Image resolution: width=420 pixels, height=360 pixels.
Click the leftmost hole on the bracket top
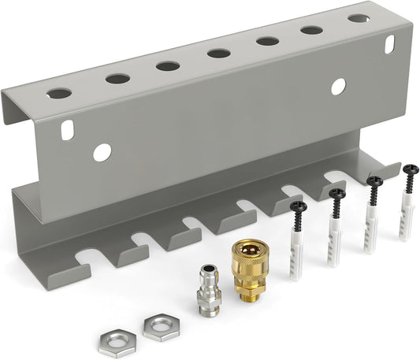58,93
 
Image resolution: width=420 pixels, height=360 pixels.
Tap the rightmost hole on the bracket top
359,17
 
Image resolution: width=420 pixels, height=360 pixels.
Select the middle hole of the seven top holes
218,54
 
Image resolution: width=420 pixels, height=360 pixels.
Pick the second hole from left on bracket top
117,78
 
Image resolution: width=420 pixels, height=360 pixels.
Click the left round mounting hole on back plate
102,152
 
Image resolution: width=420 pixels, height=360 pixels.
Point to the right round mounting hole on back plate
338,87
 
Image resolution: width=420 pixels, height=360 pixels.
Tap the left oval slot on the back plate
68,130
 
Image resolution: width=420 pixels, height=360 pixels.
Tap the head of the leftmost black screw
297,207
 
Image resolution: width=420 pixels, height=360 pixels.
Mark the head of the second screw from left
337,193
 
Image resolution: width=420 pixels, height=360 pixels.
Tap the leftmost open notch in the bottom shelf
85,258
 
